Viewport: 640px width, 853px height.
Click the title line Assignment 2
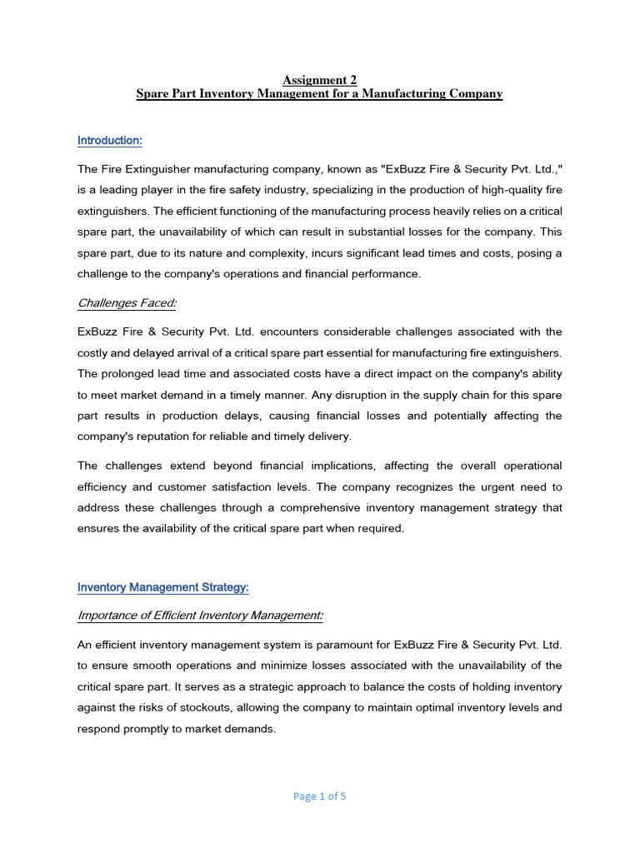[x=319, y=80]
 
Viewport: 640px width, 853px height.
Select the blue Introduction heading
[x=110, y=140]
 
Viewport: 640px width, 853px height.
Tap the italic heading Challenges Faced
[x=127, y=305]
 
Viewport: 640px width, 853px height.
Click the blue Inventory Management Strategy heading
[x=163, y=587]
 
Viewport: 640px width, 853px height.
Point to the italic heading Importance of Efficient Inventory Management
[x=200, y=615]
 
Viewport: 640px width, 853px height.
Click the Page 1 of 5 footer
[x=319, y=796]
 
